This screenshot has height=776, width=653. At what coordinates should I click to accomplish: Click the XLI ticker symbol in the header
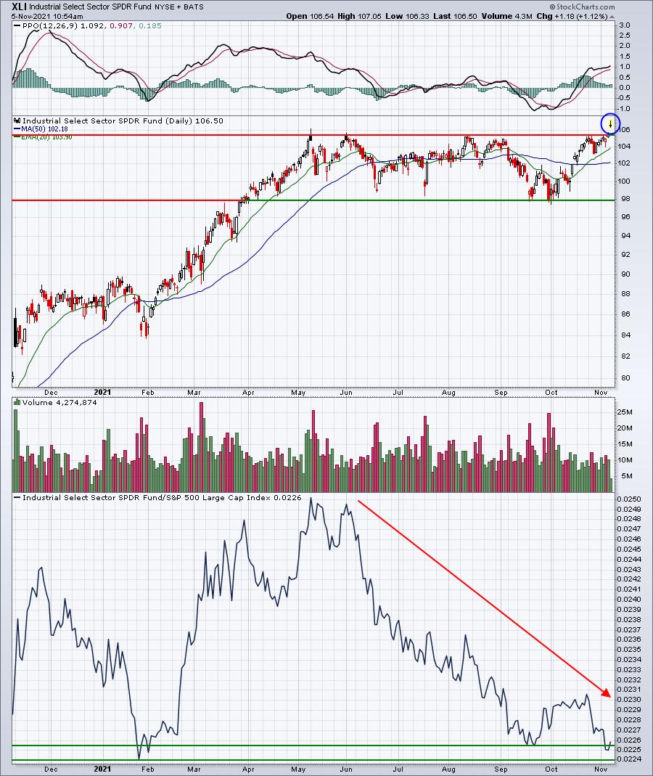click(x=11, y=7)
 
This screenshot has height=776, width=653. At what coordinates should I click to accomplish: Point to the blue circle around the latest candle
click(x=611, y=124)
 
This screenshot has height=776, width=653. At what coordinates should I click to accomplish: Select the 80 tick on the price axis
click(x=624, y=377)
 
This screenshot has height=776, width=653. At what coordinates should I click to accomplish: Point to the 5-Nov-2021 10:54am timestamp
click(x=42, y=16)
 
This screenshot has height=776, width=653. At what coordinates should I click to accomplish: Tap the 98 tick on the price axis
click(x=624, y=200)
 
